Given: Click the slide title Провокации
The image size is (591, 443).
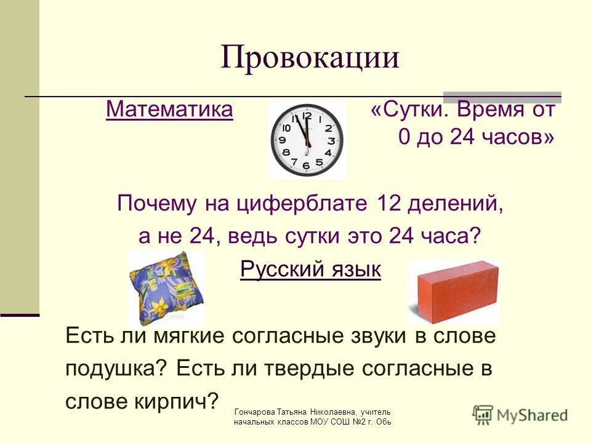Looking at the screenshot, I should point(310,58).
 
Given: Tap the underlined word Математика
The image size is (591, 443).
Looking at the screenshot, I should point(169,110).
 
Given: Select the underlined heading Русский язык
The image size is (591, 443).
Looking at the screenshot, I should point(310,269).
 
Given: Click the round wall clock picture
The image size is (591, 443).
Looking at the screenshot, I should point(307,141).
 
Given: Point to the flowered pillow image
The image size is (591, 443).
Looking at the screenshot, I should point(166,287).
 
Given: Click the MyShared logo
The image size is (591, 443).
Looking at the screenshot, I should point(520,414).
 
